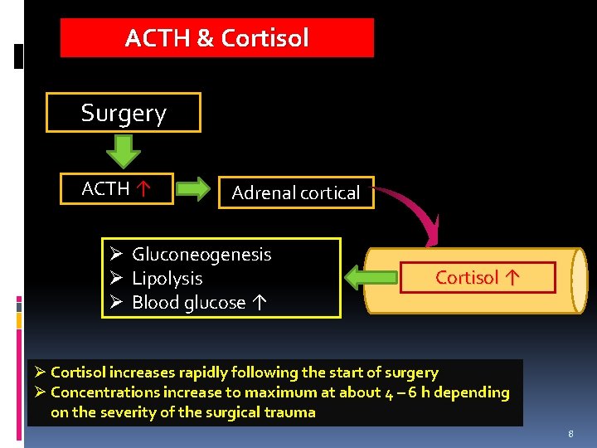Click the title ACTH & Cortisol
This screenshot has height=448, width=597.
click(216, 38)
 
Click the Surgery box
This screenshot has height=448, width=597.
click(124, 113)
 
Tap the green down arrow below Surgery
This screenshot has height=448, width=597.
click(124, 152)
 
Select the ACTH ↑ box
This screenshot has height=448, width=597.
click(115, 189)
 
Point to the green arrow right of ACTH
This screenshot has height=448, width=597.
click(194, 190)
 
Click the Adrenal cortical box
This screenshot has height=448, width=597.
click(296, 192)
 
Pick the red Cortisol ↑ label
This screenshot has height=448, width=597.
click(478, 278)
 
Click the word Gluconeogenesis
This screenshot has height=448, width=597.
click(201, 255)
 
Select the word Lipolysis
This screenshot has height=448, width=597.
click(167, 279)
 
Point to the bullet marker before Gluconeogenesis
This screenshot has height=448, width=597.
click(117, 255)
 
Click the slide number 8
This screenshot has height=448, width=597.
click(570, 434)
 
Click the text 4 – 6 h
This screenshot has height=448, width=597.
click(410, 392)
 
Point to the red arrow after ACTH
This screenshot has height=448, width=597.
click(143, 189)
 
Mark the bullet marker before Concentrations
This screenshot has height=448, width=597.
click(40, 392)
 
